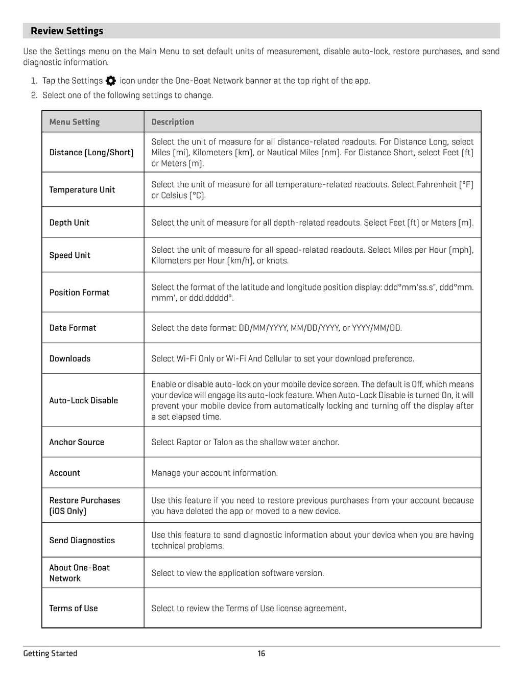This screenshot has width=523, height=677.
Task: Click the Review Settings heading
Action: (x=67, y=31)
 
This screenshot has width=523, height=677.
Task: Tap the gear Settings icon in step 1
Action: (x=111, y=81)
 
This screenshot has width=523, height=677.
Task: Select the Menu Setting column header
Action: (x=75, y=122)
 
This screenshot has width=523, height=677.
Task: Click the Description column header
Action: (x=173, y=122)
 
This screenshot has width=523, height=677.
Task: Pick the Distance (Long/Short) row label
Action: (x=91, y=153)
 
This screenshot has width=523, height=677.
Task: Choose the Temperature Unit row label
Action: (x=82, y=190)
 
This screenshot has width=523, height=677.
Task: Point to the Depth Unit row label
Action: (x=69, y=223)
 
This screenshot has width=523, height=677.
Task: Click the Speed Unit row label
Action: (x=70, y=255)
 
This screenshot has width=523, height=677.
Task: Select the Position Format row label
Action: (x=80, y=293)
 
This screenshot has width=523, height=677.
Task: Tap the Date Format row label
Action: (x=73, y=328)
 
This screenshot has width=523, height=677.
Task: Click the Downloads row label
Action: (x=70, y=358)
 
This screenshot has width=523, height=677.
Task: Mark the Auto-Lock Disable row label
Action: (x=84, y=400)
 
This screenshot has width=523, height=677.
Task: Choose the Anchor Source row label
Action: (x=77, y=442)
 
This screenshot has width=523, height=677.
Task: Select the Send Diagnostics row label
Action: (x=82, y=540)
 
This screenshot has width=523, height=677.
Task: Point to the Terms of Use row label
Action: (x=74, y=608)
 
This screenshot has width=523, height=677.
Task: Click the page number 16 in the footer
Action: (x=261, y=654)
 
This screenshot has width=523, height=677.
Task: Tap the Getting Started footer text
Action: (x=50, y=654)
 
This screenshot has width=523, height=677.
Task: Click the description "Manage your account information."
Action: (x=215, y=473)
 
